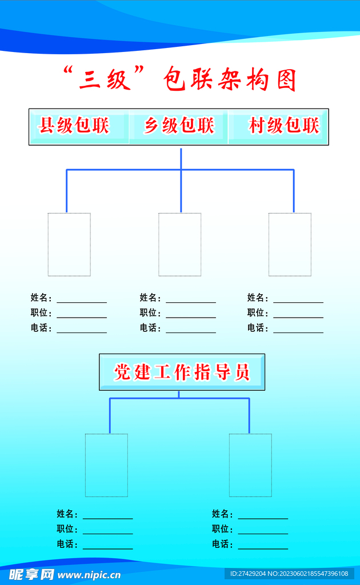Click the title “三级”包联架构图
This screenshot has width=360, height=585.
[179, 79]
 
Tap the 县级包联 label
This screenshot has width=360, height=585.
[74, 125]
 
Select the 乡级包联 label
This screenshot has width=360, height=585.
[179, 125]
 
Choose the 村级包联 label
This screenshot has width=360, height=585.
[284, 125]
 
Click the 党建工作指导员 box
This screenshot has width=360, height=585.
[182, 372]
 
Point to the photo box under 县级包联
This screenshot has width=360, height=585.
[69, 245]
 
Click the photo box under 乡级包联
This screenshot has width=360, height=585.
[179, 245]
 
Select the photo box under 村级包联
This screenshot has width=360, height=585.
[290, 245]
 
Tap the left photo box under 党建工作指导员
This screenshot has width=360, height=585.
[106, 465]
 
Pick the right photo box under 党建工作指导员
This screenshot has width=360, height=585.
[250, 465]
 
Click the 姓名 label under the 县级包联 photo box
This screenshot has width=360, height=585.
[41, 298]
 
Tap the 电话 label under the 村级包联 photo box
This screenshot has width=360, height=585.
[258, 328]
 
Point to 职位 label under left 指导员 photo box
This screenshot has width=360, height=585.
[67, 529]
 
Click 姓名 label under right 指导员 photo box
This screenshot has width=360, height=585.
[223, 514]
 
